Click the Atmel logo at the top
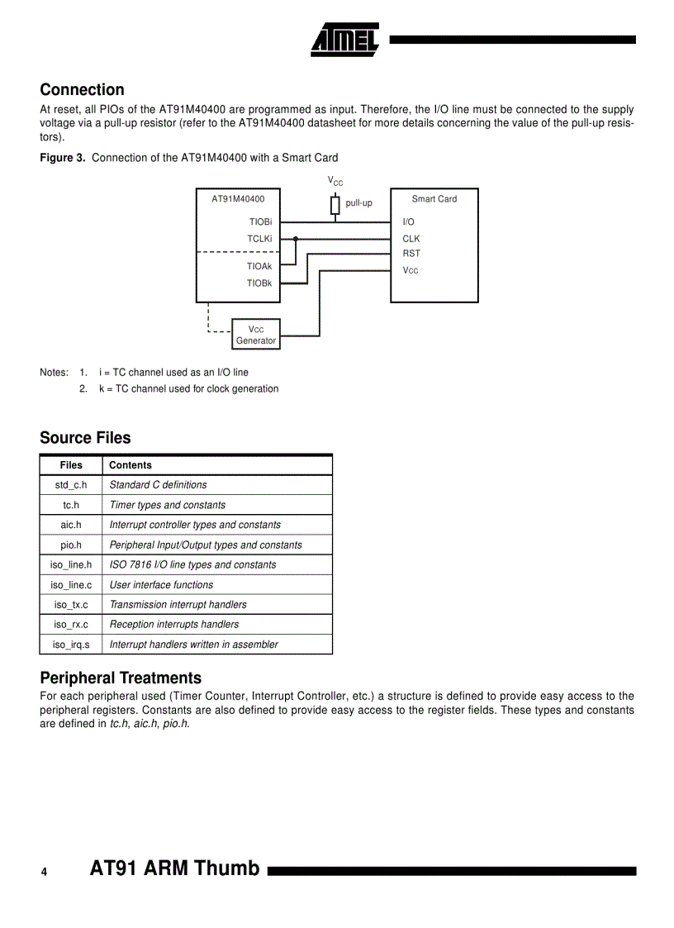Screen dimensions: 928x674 (x=344, y=39)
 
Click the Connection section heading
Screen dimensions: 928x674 (x=82, y=90)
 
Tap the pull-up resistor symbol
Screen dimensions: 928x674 (x=335, y=204)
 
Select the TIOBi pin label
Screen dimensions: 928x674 (x=260, y=222)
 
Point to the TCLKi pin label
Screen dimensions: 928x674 (x=259, y=239)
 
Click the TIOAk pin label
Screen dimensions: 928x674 (x=259, y=266)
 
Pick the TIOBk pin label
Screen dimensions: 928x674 (x=259, y=283)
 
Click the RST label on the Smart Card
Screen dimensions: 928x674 (x=411, y=254)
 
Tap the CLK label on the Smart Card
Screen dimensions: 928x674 (x=411, y=239)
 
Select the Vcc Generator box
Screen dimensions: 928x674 (x=256, y=335)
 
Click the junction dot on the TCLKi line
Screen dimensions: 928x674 (x=295, y=239)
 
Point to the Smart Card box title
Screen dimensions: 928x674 (x=434, y=199)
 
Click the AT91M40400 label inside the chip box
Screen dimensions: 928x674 (x=238, y=199)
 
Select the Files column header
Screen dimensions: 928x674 (x=71, y=465)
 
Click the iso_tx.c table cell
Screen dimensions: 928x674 (x=71, y=605)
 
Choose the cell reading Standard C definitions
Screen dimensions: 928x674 (x=158, y=485)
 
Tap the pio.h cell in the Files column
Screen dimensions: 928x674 (x=71, y=545)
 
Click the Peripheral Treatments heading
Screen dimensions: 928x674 (x=121, y=678)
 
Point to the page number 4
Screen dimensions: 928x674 (x=45, y=873)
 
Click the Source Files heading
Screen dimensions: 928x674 (x=85, y=438)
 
